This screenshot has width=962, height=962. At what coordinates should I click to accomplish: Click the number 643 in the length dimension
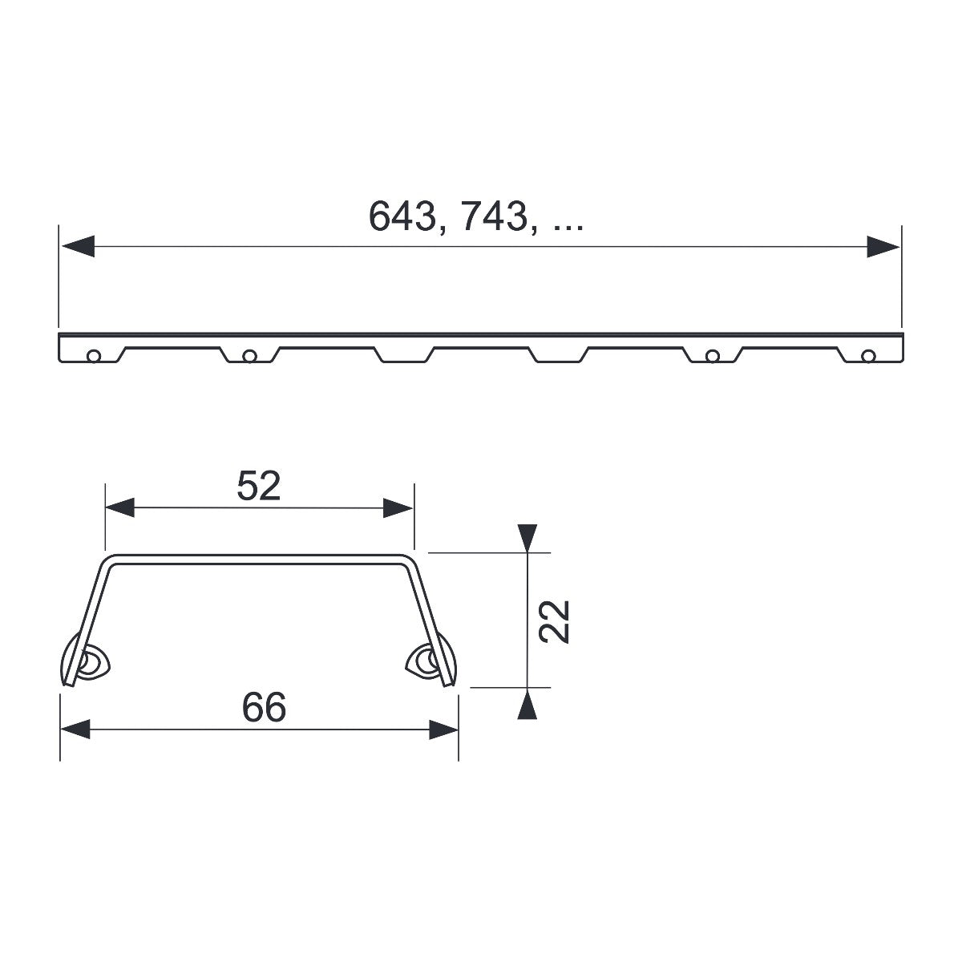pyautogui.click(x=403, y=216)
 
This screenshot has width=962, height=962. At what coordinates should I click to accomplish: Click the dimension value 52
pyautogui.click(x=259, y=486)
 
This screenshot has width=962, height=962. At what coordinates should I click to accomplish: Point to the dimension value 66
pyautogui.click(x=264, y=707)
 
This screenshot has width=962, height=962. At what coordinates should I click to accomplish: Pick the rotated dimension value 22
pyautogui.click(x=554, y=621)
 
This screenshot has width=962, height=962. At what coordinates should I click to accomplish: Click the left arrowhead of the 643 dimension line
pyautogui.click(x=78, y=247)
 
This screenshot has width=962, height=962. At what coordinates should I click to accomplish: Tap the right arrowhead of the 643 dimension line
pyautogui.click(x=883, y=247)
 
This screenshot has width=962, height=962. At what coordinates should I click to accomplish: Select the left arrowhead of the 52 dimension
pyautogui.click(x=119, y=507)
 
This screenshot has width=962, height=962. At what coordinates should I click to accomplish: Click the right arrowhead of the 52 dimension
pyautogui.click(x=398, y=507)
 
